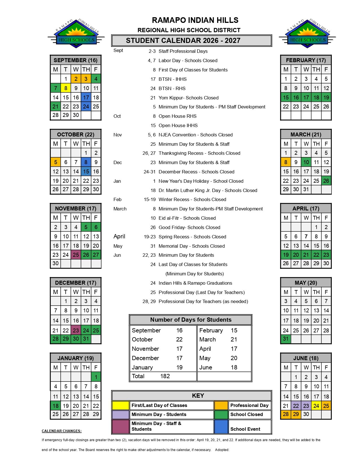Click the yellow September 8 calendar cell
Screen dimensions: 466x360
pos(66,88)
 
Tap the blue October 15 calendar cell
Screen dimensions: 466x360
pos(86,171)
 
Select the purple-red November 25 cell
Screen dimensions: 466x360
pos(76,255)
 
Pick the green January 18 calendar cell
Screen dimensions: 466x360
pos(56,406)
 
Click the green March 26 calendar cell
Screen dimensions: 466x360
pos(326,181)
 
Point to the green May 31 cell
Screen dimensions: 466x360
pos(286,339)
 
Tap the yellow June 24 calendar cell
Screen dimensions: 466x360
pos(316,406)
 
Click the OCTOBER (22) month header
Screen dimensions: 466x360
pos(76,134)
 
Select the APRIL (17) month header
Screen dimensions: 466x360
pos(306,208)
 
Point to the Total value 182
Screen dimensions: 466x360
pos(165,376)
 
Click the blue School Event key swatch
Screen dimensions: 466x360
pos(221,426)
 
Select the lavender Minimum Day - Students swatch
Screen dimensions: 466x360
pos(121,414)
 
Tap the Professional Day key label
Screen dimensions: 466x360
pos(249,405)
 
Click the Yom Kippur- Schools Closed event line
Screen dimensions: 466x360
pos(188,98)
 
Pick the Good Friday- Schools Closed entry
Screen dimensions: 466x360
pos(189,227)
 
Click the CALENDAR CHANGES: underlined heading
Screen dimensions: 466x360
pos(62,431)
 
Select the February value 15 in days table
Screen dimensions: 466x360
pos(234,330)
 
